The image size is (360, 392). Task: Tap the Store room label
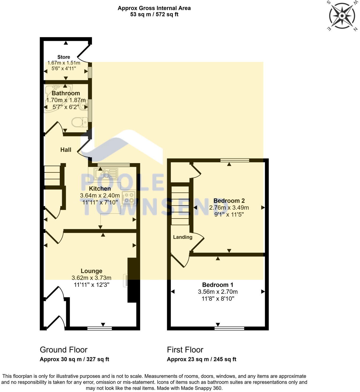[64, 57]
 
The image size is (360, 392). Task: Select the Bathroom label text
[66, 93]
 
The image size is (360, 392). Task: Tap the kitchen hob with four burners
[129, 198]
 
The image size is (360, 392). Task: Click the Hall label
[66, 150]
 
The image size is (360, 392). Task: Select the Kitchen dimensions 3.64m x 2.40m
[100, 195]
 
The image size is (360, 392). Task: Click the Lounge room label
[91, 271]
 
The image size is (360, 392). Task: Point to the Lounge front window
[100, 328]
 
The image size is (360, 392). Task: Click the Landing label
[183, 237]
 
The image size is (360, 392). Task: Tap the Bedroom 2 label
[229, 201]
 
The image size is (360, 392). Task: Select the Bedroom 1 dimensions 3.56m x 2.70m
[218, 292]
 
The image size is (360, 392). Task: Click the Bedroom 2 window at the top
[235, 160]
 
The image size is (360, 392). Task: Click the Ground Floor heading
[63, 350]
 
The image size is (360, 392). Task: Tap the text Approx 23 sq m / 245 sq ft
[201, 359]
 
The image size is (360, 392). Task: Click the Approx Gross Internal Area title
[154, 8]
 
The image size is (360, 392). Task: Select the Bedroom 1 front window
[229, 328]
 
